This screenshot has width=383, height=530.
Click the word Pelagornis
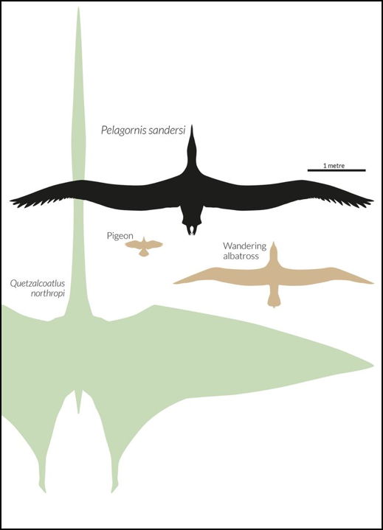click(x=123, y=130)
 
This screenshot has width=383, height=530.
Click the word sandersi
click(x=167, y=130)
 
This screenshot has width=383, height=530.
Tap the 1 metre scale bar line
click(x=337, y=170)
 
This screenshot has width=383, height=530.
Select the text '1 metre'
click(x=334, y=166)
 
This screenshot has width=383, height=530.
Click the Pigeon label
click(x=120, y=236)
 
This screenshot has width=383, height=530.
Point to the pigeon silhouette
click(x=144, y=246)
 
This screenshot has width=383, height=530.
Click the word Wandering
click(x=244, y=246)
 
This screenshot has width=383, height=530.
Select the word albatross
click(x=241, y=256)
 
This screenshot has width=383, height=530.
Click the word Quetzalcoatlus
click(x=37, y=283)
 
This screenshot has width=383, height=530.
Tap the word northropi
click(x=48, y=293)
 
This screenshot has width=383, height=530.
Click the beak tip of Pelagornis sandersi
click(x=192, y=126)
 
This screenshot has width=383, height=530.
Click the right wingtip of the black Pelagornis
click(x=373, y=201)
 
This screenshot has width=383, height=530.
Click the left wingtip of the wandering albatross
click(x=174, y=283)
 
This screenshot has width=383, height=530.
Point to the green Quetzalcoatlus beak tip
click(x=78, y=8)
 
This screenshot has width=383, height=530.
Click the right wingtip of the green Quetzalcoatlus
click(x=373, y=366)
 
